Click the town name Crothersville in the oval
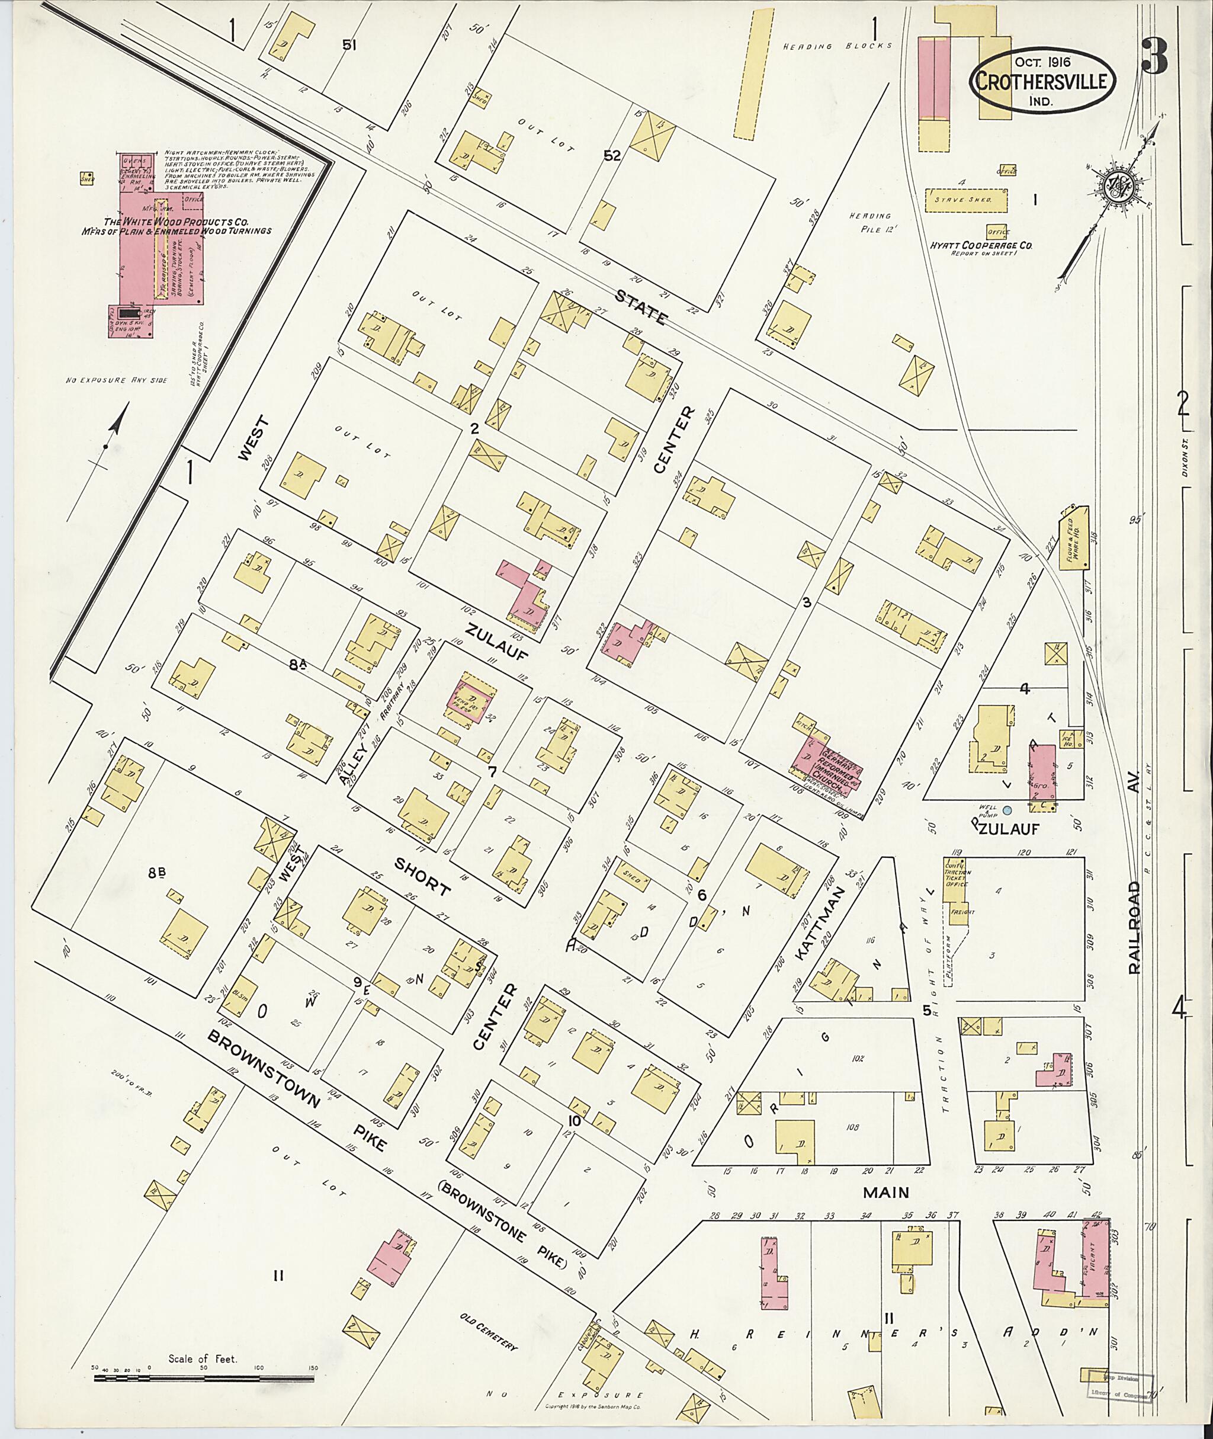click(x=1042, y=82)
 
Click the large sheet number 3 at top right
click(x=1155, y=56)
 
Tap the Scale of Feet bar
click(x=203, y=1378)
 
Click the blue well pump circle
click(x=1007, y=811)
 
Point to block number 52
click(x=612, y=156)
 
